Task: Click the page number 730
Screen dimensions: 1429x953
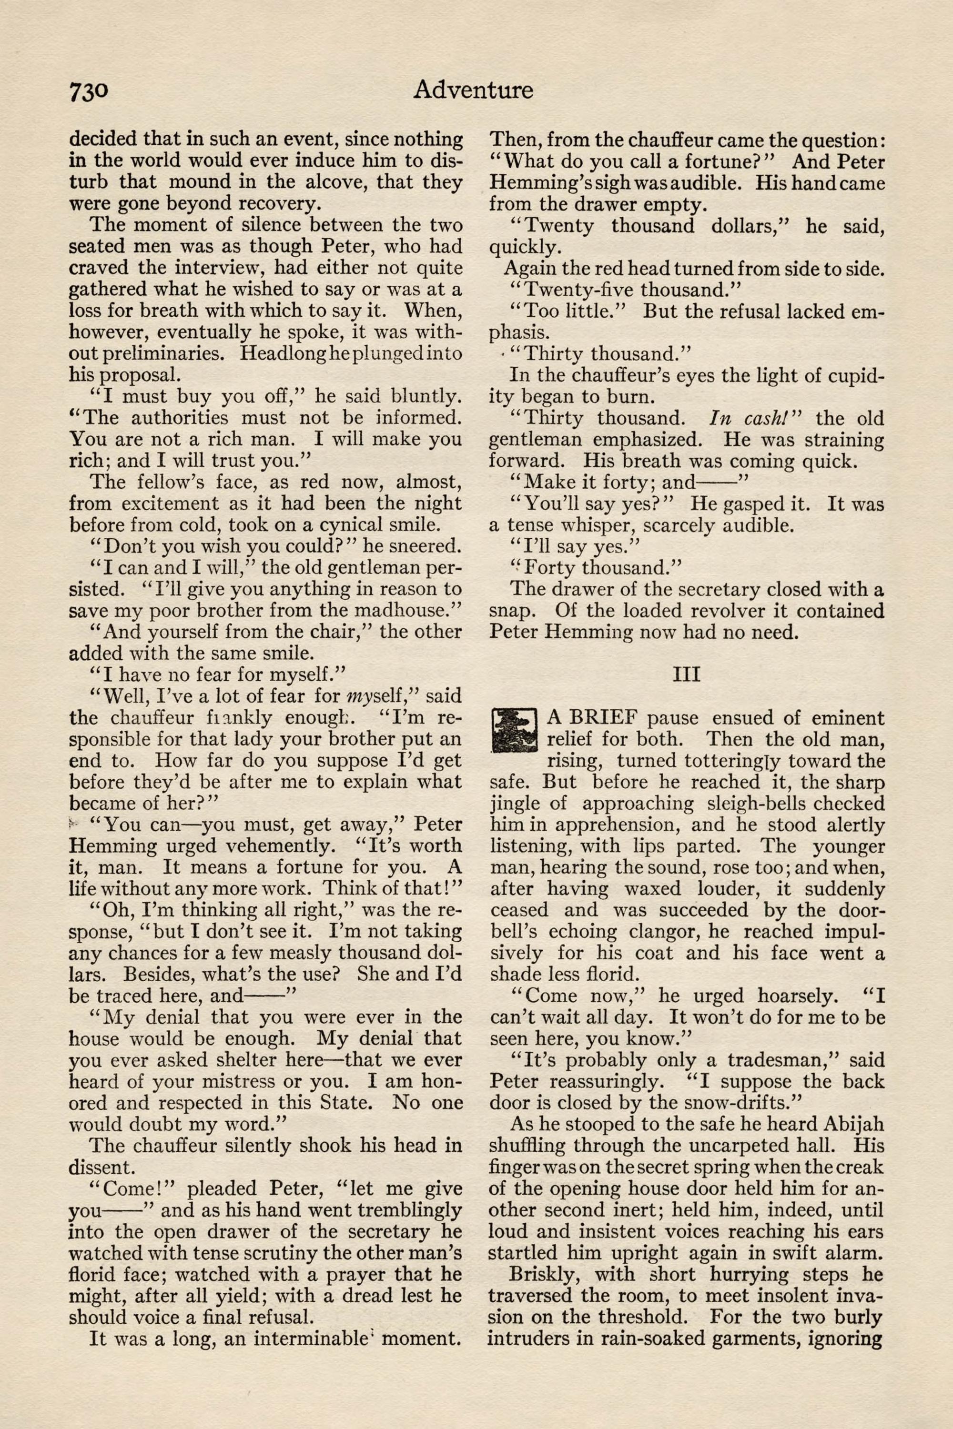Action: click(89, 91)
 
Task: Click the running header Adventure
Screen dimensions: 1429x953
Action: click(473, 90)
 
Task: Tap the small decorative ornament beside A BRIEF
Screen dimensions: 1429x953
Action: click(514, 729)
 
